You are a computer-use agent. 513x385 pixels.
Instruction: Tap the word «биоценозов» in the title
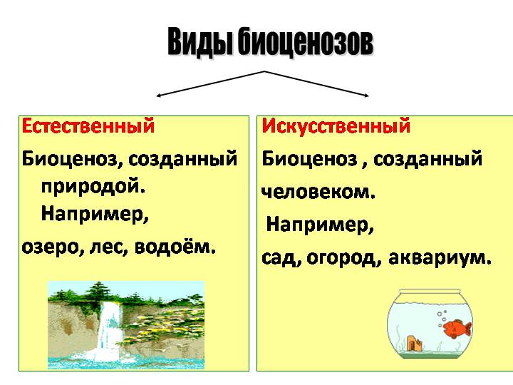(305, 42)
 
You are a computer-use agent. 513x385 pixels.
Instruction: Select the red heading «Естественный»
(88, 126)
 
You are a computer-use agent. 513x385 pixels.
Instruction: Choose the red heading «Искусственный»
(336, 126)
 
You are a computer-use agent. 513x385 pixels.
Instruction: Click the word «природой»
(93, 188)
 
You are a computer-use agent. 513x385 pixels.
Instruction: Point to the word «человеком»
(318, 192)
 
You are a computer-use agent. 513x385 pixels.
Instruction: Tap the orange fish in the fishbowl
(457, 329)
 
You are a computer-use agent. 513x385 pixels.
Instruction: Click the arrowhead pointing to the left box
(159, 96)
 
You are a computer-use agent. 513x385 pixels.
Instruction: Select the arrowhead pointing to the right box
(366, 96)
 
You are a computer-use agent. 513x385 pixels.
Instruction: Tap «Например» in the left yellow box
(95, 215)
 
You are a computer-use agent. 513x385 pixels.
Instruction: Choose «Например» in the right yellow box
(320, 225)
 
